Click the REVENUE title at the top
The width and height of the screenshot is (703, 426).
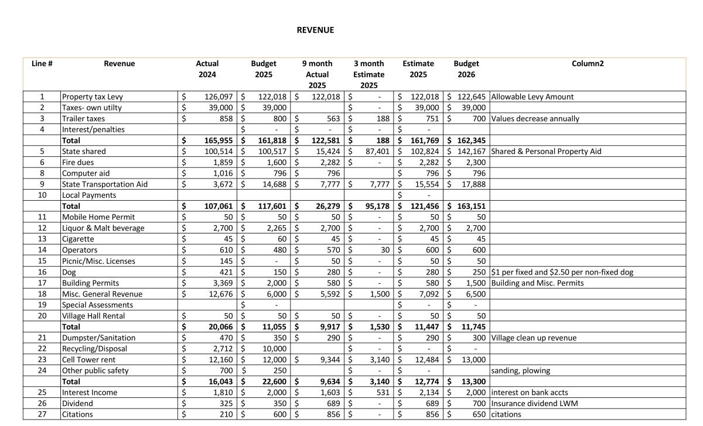(315, 30)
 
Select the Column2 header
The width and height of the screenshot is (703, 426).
(587, 63)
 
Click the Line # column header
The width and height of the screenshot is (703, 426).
(42, 63)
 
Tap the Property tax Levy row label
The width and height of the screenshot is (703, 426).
(93, 97)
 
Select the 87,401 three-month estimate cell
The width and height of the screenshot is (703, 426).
(368, 151)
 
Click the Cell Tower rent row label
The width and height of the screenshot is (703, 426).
(88, 359)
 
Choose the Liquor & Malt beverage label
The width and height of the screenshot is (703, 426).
(103, 228)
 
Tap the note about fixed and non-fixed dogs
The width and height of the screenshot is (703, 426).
(562, 272)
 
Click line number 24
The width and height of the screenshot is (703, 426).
(42, 370)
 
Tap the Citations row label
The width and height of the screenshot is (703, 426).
(77, 414)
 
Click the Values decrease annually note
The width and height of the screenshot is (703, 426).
(535, 118)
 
